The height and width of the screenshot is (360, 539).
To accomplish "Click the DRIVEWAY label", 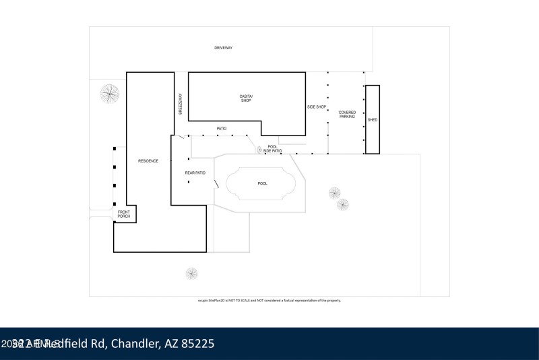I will [x=223, y=49].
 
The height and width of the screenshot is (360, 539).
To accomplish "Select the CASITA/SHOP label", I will [x=246, y=98].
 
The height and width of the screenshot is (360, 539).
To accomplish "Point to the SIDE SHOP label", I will [x=317, y=107].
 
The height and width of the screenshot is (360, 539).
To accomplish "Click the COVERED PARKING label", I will [x=347, y=115].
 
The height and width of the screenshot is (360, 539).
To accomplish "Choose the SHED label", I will [x=373, y=120].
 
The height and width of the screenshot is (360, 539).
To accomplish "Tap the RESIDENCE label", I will [x=148, y=160].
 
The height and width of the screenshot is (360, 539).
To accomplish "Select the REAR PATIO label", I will [x=195, y=173].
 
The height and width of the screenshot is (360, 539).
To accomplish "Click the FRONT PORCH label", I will [x=124, y=215].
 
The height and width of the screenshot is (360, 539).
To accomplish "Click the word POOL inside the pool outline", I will [x=263, y=183].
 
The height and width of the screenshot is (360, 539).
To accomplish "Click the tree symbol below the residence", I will [x=192, y=274].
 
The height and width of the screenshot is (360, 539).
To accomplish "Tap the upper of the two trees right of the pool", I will [x=335, y=193].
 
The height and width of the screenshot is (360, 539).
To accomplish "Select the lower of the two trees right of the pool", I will [x=343, y=204].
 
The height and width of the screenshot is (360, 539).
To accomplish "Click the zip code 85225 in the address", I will [x=196, y=344].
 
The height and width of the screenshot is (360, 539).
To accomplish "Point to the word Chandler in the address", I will [x=133, y=344].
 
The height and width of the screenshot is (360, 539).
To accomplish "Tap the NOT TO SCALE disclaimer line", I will [x=265, y=300].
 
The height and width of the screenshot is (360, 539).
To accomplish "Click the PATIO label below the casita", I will [x=221, y=128].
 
